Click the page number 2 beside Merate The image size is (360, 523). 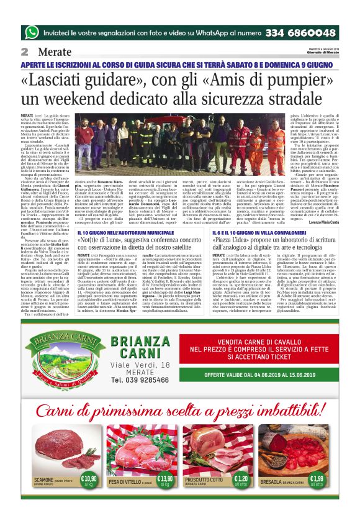[24, 52]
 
